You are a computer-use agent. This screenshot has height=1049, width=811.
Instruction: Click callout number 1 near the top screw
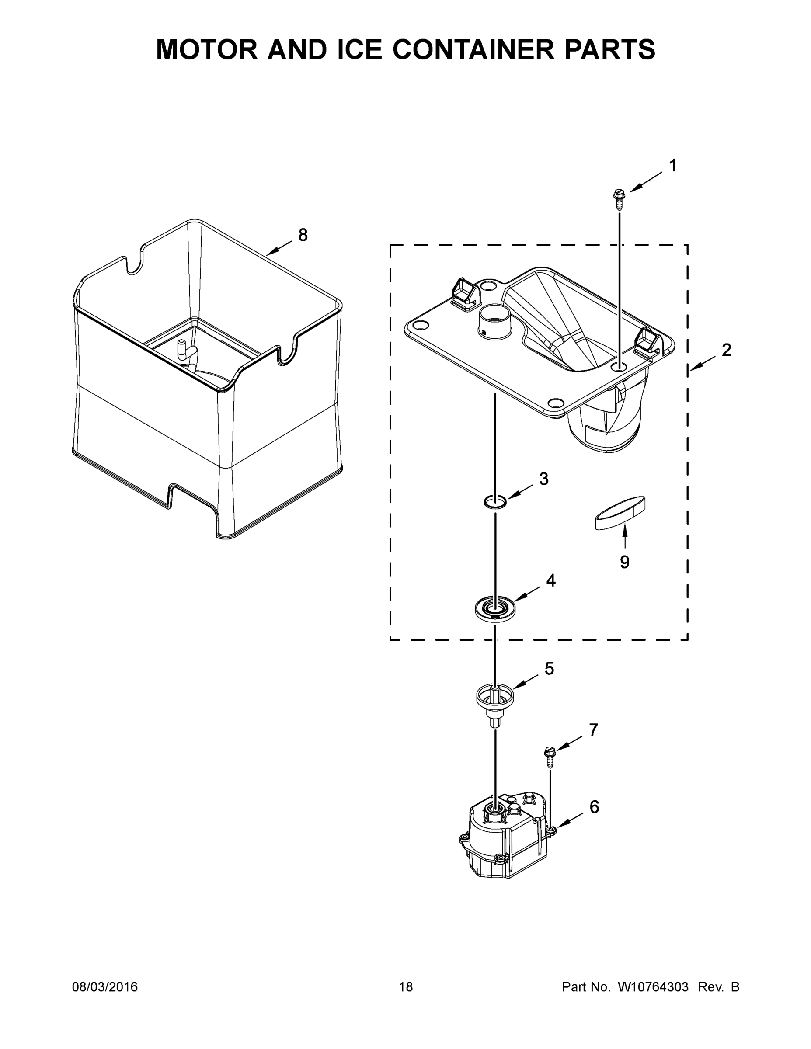[673, 166]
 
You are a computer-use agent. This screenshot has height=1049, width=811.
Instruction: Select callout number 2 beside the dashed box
[726, 350]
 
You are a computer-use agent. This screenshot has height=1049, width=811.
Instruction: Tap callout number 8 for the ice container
[303, 235]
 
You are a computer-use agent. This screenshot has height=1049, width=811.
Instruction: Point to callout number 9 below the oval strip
[625, 562]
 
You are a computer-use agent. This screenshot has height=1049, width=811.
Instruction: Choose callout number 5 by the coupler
[549, 669]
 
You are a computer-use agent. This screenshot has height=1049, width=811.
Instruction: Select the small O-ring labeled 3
[494, 502]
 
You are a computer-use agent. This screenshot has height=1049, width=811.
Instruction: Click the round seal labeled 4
[494, 610]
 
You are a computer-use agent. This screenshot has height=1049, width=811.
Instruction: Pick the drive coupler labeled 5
[494, 699]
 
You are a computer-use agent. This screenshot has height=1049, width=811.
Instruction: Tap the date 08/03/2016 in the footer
[105, 987]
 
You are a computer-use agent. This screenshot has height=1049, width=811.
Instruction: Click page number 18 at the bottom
[406, 987]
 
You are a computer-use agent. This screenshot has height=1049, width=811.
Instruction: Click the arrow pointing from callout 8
[278, 248]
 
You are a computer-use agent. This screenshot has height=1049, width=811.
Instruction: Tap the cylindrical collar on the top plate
[495, 319]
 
